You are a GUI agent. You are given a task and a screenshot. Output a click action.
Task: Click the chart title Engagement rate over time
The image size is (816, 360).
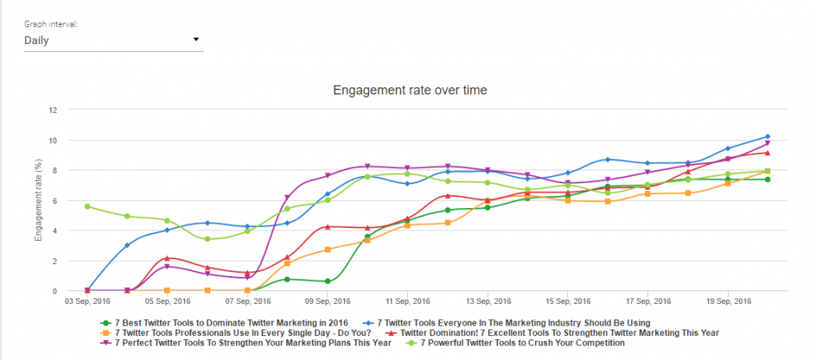pos(410,90)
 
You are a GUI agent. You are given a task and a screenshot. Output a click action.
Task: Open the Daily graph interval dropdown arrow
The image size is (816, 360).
pos(196,40)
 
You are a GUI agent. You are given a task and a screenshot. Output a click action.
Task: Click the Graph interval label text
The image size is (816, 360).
pos(51,25)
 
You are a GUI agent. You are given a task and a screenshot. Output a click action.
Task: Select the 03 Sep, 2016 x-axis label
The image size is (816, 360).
pos(87,302)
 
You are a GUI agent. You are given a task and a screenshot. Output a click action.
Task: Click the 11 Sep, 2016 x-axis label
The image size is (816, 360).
pos(408,302)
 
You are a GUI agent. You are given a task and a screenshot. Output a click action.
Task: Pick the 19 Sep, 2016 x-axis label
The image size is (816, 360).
pos(728,302)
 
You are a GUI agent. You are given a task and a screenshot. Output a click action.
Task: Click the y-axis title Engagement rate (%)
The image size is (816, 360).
pos(38,201)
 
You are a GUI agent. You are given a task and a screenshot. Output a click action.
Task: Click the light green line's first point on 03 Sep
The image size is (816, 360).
pos(87,206)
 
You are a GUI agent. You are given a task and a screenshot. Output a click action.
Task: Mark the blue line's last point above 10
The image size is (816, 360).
pos(767,137)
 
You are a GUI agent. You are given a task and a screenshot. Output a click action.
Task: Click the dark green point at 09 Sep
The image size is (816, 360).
pos(327,282)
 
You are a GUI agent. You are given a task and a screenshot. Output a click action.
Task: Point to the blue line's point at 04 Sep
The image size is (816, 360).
pos(127,245)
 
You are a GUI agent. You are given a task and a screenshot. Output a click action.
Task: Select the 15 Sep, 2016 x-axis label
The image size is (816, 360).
pos(568,302)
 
